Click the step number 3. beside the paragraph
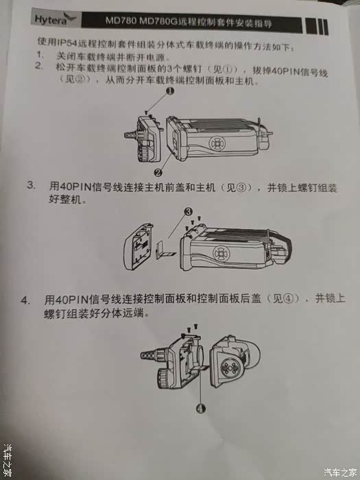30,187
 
